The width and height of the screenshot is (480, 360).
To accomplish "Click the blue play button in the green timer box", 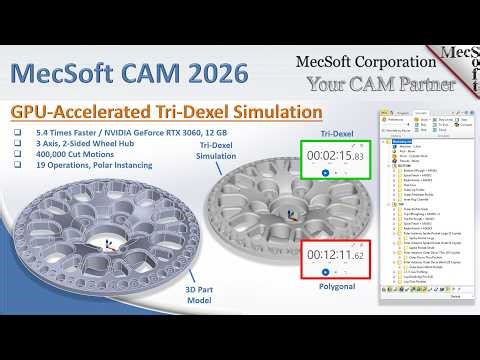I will click(x=326, y=174).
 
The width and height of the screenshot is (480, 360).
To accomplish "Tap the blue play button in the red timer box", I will click(x=326, y=284).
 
